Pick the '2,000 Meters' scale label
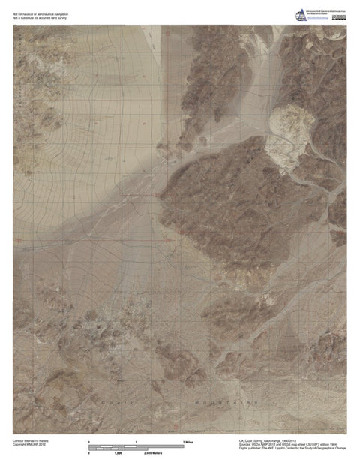coord(153,453)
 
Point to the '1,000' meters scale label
coord(118,453)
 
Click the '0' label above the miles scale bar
coord(89,442)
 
